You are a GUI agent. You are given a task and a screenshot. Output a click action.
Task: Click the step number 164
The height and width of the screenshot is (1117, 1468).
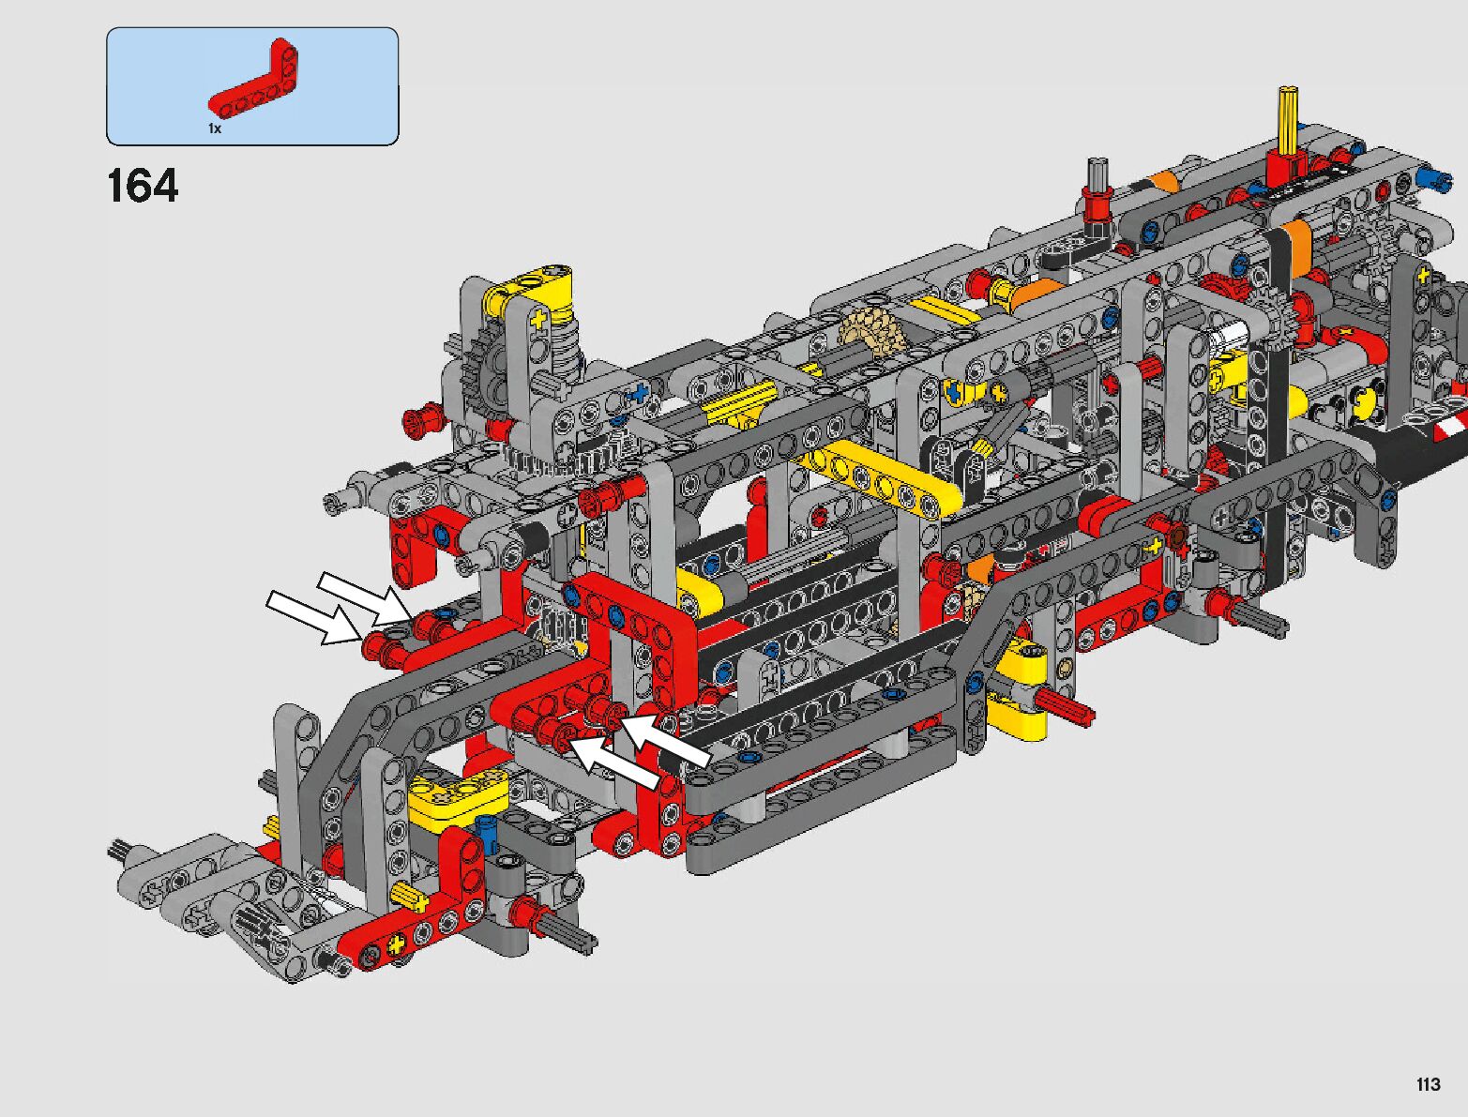coord(143,186)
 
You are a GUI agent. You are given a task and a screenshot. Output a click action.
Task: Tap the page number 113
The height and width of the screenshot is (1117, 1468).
coord(1429,1084)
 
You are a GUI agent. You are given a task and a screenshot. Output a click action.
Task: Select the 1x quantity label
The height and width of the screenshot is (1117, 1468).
coord(215,128)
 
